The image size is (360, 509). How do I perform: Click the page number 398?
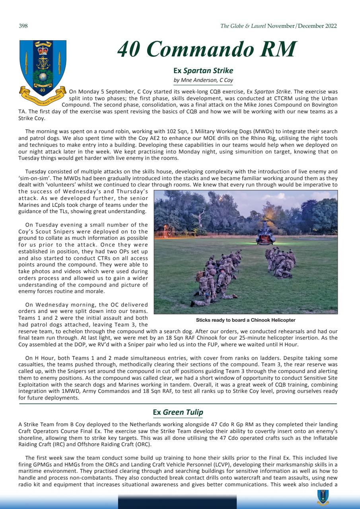point(23,26)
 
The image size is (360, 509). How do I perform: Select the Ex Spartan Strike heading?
point(203,71)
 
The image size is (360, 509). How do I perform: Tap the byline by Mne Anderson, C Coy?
point(203,80)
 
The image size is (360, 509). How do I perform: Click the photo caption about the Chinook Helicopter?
point(245,320)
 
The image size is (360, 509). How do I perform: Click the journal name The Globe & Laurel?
point(243,26)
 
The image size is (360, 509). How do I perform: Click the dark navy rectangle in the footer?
point(177,502)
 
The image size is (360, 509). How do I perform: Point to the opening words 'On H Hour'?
point(39,357)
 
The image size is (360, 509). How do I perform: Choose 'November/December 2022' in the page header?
point(302,26)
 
